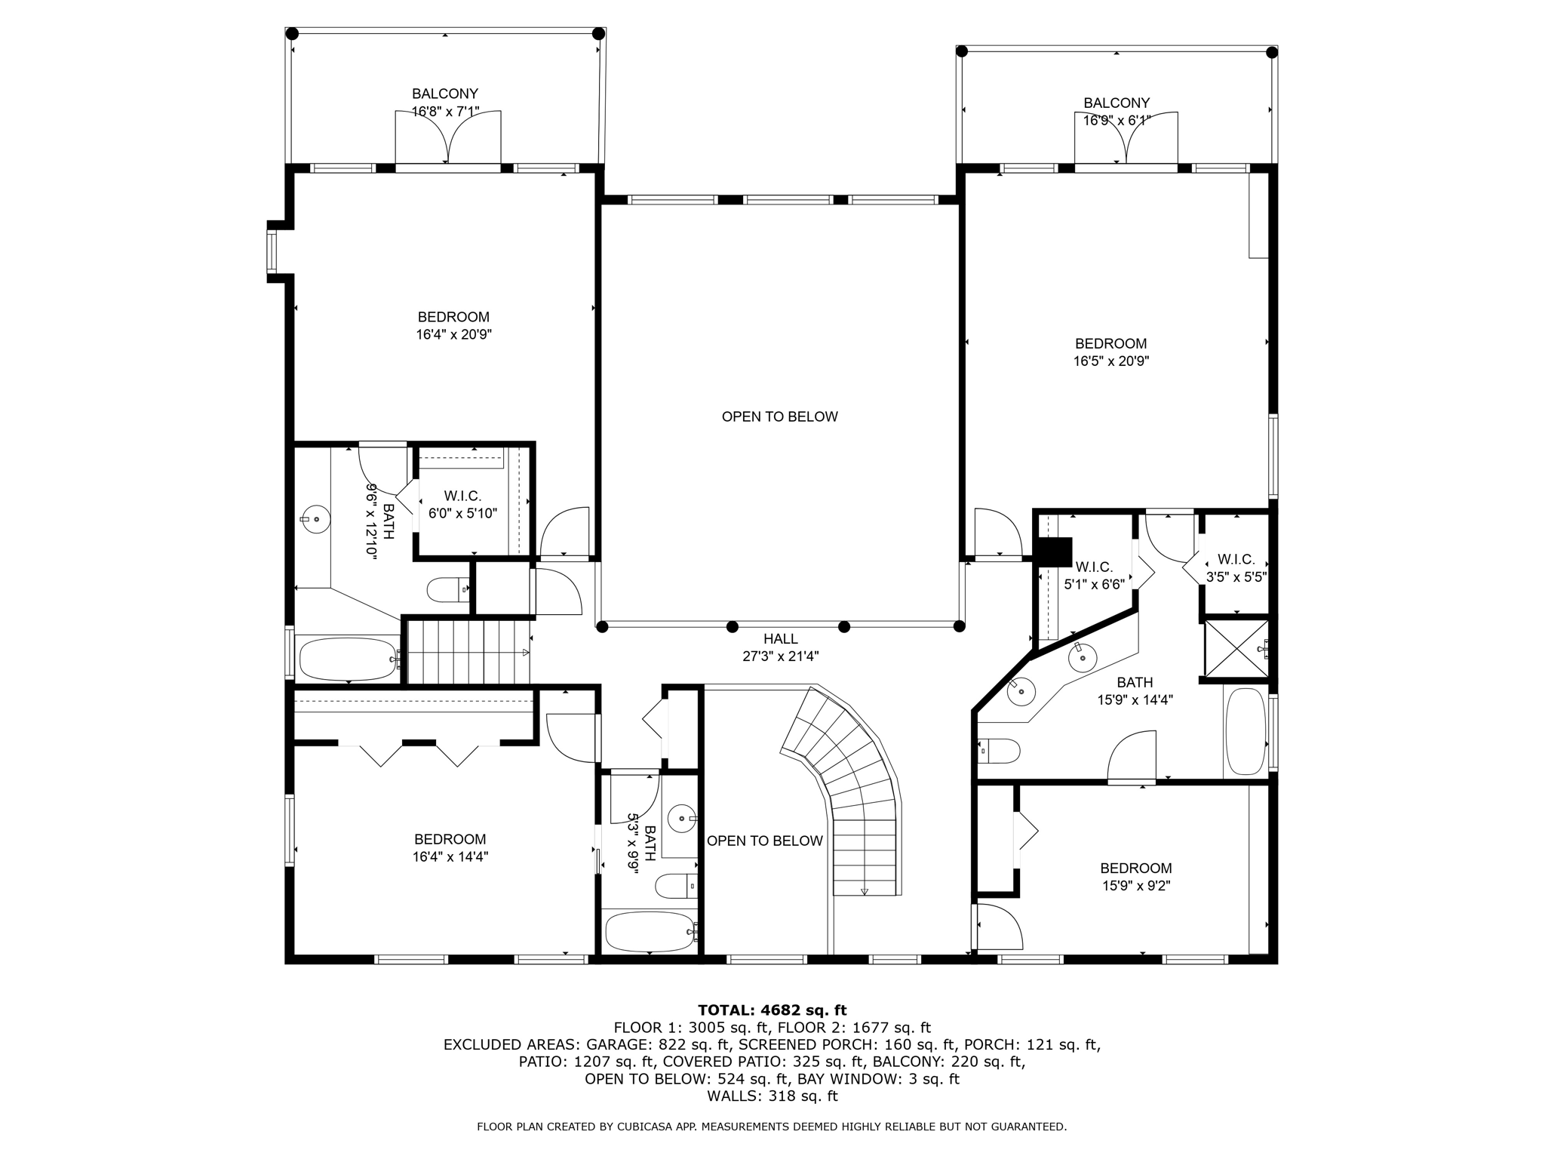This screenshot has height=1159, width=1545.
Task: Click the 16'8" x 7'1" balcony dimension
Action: [445, 112]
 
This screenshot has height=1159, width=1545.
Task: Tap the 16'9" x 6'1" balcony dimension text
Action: [1117, 121]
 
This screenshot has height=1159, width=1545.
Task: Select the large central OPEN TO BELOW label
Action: [779, 417]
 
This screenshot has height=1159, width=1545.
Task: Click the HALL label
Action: [780, 639]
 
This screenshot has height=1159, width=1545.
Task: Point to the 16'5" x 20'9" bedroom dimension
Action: [1110, 361]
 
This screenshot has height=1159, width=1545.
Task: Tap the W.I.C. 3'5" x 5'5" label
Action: [1236, 568]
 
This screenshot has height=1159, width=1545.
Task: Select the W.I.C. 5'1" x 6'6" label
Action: [1094, 575]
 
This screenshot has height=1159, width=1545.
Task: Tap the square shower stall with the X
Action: [1236, 649]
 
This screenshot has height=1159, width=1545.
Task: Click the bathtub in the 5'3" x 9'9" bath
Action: [650, 932]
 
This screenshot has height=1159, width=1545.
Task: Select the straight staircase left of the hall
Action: [468, 652]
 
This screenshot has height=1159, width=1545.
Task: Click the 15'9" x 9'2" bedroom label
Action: [1135, 877]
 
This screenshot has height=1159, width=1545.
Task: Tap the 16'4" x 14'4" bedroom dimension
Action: [450, 856]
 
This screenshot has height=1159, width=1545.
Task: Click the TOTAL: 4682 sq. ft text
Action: [772, 1010]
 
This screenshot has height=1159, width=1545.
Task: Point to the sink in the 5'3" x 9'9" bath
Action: [682, 818]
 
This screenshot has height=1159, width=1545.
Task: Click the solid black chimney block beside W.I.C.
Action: [1055, 552]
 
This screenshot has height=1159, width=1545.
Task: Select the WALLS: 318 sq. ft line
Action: [772, 1096]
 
